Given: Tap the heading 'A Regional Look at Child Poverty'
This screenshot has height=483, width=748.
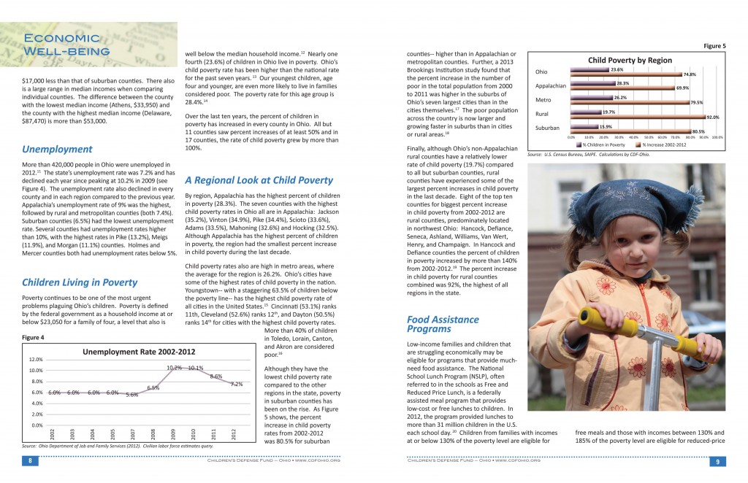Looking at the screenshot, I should pos(259,180).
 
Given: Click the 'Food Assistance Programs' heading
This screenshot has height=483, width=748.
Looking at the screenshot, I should pos(443,324).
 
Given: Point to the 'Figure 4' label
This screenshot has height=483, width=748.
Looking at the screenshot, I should pos(33,338).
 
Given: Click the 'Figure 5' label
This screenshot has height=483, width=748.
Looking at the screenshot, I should pos(714,46).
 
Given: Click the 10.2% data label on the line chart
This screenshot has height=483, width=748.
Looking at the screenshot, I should pos(174,367).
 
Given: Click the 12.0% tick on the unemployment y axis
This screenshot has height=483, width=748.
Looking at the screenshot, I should pos(36,360).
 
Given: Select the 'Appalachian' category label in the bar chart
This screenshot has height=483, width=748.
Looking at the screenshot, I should pos(551,86).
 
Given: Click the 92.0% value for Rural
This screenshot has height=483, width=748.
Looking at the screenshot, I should pos(712,117).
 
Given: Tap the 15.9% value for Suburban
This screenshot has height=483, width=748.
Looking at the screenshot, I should pos(605,127).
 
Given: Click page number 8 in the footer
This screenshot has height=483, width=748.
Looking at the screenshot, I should pos(31,461).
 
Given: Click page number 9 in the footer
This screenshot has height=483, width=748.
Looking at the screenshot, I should pos(714,461).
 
